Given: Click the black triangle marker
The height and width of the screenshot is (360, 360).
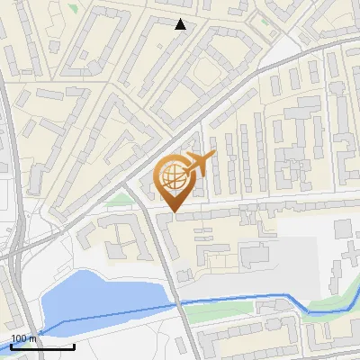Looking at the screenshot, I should coord(181,24).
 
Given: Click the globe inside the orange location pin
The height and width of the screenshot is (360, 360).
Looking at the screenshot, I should coord(173,177).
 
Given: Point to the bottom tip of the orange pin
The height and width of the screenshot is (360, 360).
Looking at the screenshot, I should coord(173,212).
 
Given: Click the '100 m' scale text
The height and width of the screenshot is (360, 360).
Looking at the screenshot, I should coord(22,338).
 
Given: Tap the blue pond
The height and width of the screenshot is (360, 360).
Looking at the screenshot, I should coord(99,297).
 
